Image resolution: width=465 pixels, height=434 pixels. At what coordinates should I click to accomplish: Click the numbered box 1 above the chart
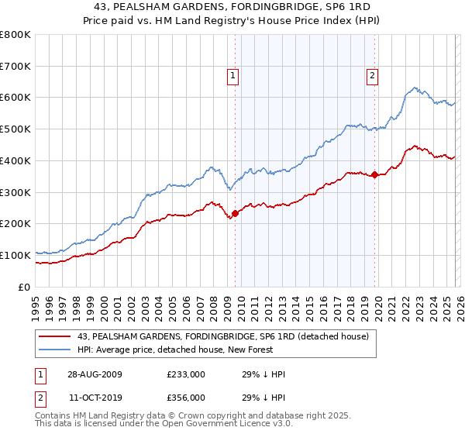233,75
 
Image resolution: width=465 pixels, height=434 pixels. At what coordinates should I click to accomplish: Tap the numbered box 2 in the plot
373,75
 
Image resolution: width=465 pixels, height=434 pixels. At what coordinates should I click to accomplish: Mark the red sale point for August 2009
236,213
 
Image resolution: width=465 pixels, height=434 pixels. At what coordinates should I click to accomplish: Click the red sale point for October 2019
374,174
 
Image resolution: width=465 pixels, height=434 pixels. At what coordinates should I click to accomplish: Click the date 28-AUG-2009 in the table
95,374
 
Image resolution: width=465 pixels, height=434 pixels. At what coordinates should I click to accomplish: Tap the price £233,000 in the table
186,374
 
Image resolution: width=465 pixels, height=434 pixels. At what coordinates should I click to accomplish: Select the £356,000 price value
186,396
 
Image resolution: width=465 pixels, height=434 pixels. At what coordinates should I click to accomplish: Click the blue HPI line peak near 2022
415,88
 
